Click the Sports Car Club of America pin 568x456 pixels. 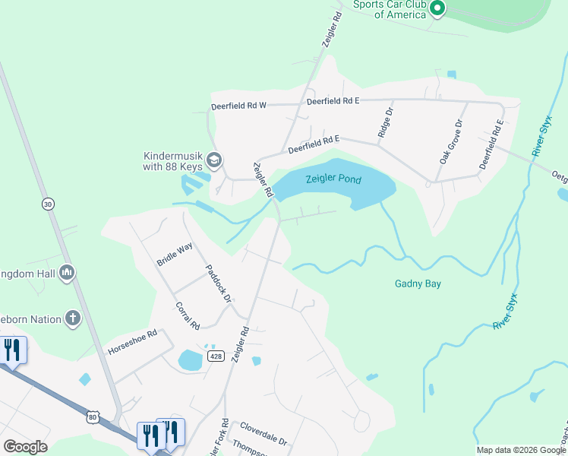(x=437, y=8)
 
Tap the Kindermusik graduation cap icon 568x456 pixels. (x=215, y=160)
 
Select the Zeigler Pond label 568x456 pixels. (x=333, y=180)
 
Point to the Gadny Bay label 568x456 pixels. (x=418, y=284)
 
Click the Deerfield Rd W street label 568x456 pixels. (x=238, y=106)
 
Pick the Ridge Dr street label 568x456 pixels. (x=386, y=123)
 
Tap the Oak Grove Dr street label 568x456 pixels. (x=450, y=142)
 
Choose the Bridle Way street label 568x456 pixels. (x=175, y=254)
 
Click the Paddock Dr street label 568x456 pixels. (x=218, y=283)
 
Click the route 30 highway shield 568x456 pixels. (x=49, y=204)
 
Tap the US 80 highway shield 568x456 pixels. (x=93, y=416)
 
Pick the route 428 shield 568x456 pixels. (x=216, y=356)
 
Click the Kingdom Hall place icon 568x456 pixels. (x=66, y=272)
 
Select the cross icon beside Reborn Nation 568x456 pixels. (x=73, y=318)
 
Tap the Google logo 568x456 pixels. (x=25, y=446)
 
